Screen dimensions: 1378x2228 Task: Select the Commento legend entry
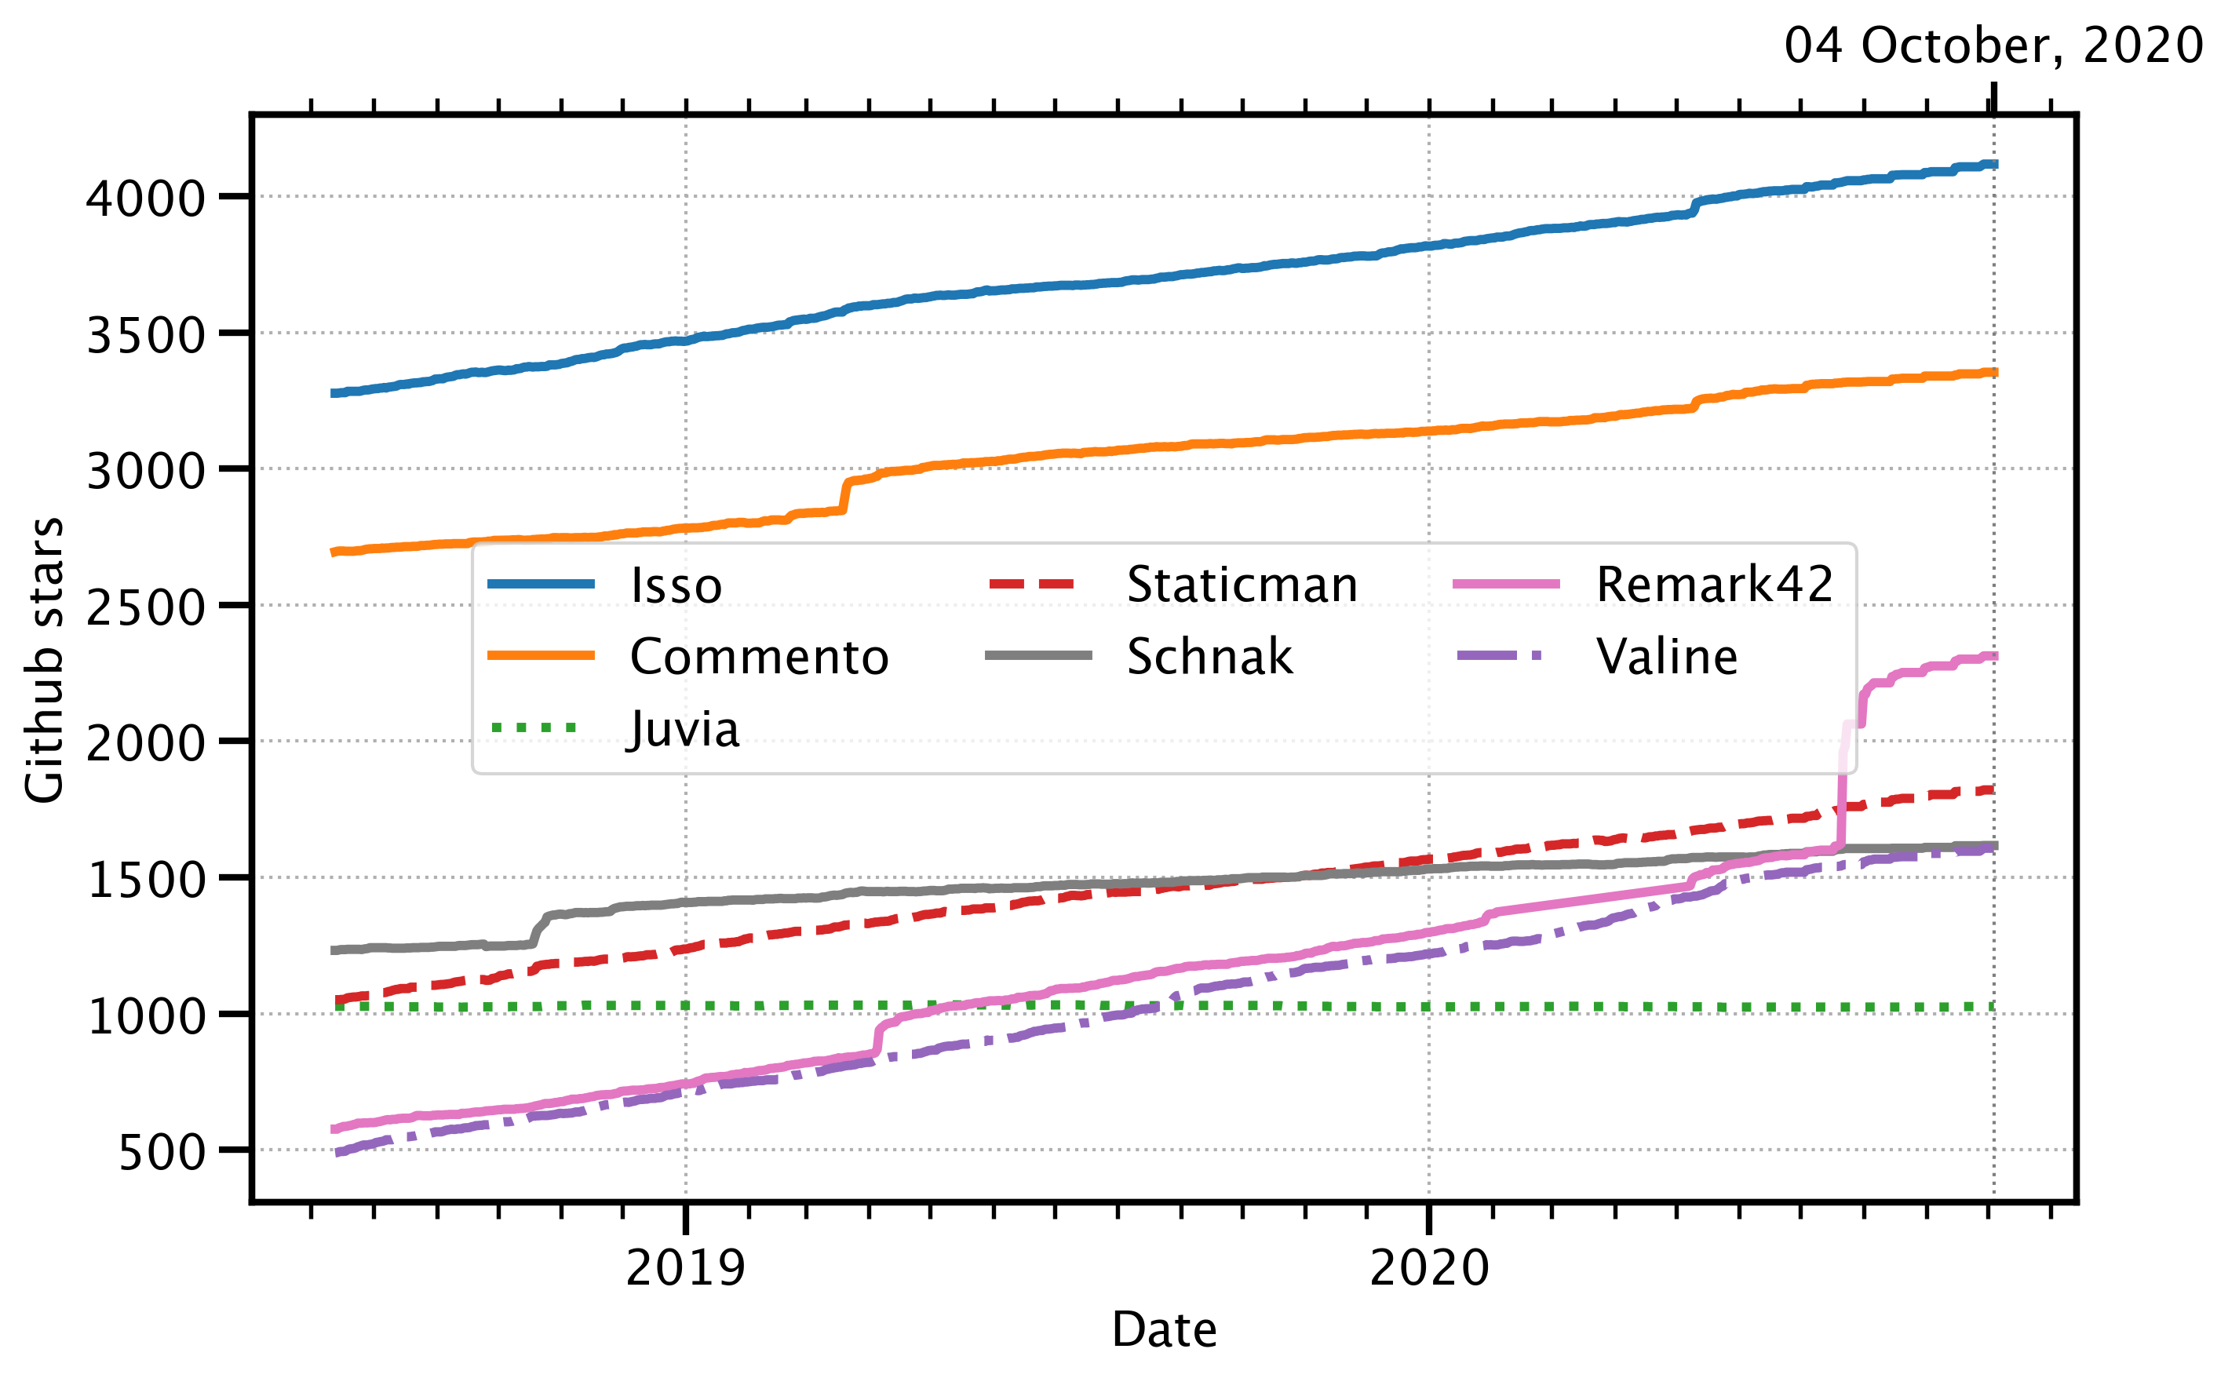tap(758, 656)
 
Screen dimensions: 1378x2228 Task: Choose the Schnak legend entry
tap(1209, 656)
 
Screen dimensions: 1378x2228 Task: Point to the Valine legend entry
tap(1666, 656)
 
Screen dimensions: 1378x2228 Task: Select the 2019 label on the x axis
tap(685, 1267)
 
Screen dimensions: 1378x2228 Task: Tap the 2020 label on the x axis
tap(1429, 1267)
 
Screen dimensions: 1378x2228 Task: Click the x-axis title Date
tap(1164, 1329)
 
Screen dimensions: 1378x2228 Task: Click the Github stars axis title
tap(44, 660)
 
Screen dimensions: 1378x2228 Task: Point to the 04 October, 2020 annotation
tap(1993, 46)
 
